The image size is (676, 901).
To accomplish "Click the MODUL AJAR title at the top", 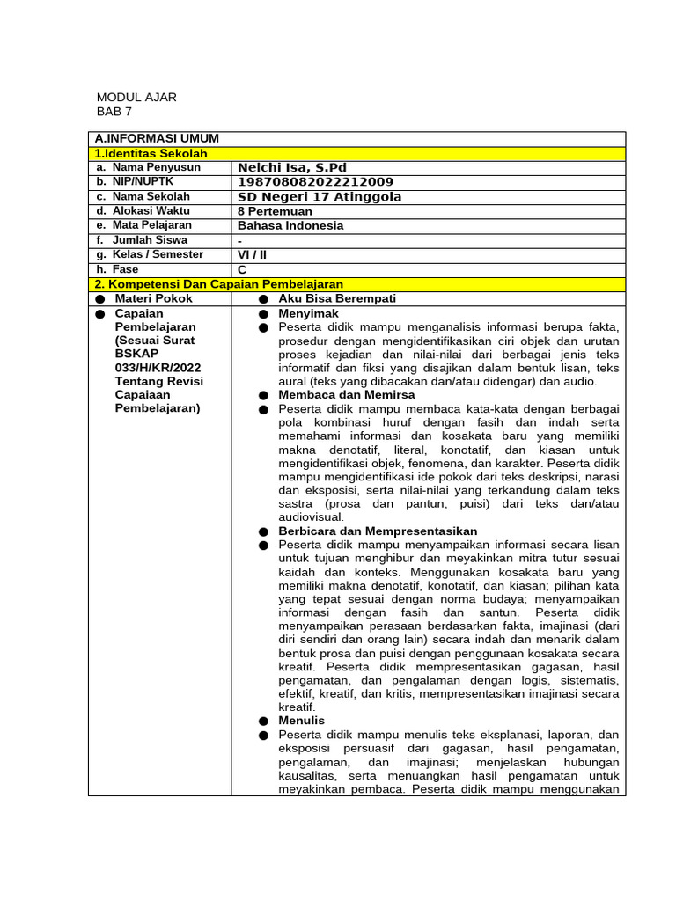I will tap(136, 97).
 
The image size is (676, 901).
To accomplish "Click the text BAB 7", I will tap(114, 112).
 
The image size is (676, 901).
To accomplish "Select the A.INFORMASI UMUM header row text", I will tap(157, 138).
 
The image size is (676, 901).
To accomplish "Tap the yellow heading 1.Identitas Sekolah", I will tap(151, 153).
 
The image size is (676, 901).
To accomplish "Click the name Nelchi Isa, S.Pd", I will tap(292, 167).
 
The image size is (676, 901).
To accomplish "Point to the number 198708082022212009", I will tap(316, 182).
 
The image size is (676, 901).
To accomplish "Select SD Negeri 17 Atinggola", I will tap(320, 197).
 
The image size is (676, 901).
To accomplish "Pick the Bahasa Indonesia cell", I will tap(290, 225).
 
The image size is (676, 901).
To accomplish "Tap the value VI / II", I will tap(253, 254).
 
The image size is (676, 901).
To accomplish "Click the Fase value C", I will tap(242, 269).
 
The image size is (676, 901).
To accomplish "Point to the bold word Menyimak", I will tap(308, 313).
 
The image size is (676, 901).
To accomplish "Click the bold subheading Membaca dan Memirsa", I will tap(346, 395).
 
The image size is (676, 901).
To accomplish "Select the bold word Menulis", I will tap(301, 721).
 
